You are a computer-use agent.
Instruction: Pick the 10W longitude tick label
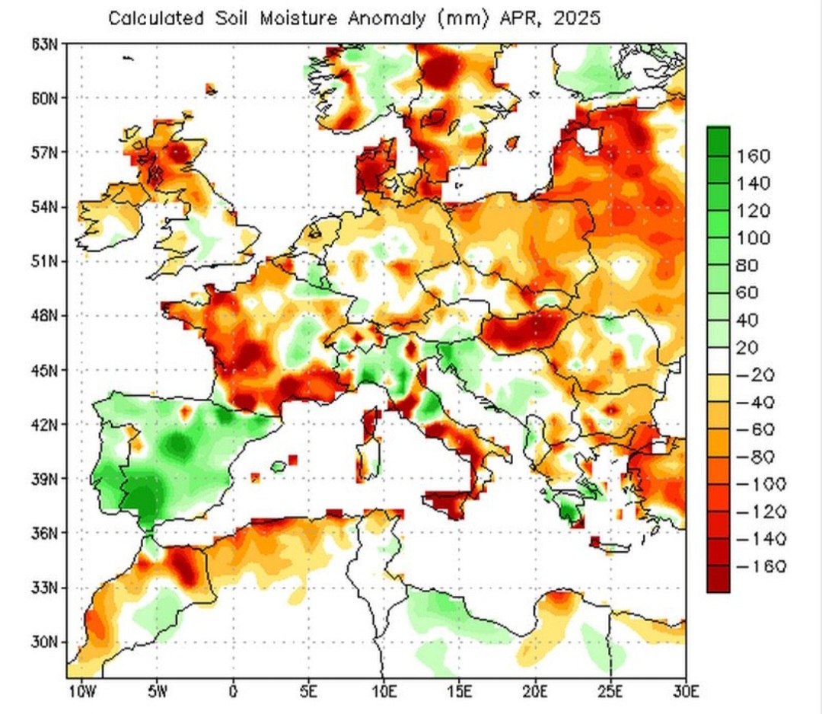(81, 692)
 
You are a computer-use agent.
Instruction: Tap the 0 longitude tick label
(233, 692)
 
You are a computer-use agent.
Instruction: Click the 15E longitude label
(459, 692)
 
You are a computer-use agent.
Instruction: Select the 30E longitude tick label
(686, 692)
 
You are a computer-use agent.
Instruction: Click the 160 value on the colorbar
(753, 156)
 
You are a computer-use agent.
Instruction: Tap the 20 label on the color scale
(749, 348)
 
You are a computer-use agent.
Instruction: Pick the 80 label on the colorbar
(749, 266)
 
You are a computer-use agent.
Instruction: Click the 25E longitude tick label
(610, 692)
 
